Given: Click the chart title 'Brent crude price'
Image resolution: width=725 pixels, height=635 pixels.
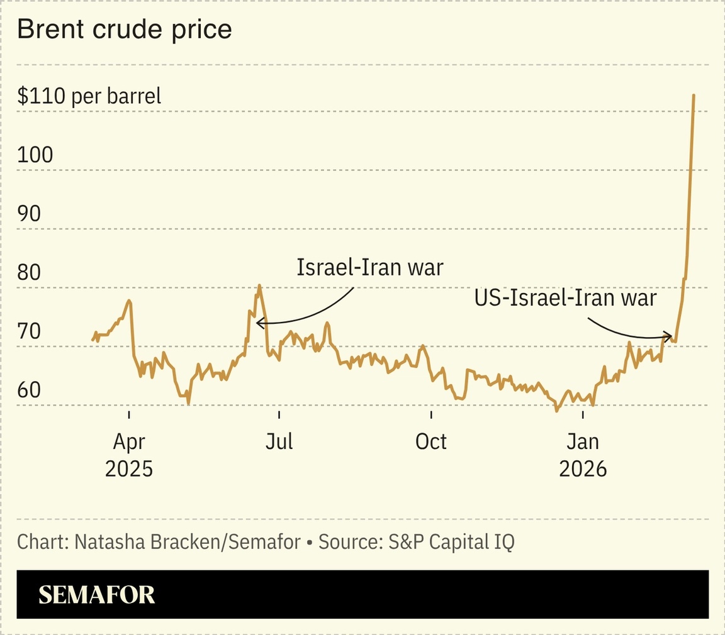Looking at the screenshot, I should tap(125, 30).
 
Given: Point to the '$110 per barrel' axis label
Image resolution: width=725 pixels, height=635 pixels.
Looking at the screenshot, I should tap(89, 96).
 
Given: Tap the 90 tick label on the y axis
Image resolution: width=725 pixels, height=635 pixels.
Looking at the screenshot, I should tap(30, 214).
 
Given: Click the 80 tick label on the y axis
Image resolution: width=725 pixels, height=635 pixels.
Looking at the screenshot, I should tap(30, 273).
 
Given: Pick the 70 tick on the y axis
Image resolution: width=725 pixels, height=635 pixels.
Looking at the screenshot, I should tap(30, 331).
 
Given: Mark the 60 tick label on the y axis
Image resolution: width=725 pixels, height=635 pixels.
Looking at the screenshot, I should tap(30, 390).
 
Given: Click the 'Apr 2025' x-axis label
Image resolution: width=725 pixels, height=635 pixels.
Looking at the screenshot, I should tap(129, 455).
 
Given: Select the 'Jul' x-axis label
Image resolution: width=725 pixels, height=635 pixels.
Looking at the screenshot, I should tap(279, 442).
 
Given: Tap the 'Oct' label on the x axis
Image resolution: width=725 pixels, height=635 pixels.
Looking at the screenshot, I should tap(431, 442).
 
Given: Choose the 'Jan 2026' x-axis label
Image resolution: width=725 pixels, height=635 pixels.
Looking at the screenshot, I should tap(583, 455).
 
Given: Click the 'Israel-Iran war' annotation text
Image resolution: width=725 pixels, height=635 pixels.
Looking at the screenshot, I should tap(370, 267).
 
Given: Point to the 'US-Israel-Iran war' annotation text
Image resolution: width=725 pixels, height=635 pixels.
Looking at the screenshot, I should tap(565, 297).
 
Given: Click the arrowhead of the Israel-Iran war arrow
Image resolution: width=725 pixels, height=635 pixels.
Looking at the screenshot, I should tap(258, 323).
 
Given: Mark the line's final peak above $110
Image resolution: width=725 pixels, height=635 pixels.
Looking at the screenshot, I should tap(694, 95).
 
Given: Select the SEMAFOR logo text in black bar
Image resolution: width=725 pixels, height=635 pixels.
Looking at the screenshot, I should tap(97, 595).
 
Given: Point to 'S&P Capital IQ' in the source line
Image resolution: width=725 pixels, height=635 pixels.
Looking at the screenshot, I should tap(447, 542).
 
